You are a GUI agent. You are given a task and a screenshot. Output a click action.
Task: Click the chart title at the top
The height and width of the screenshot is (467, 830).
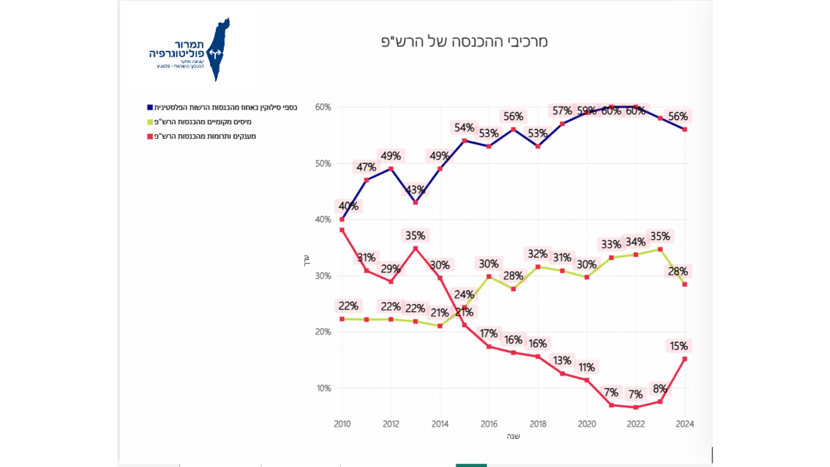[464, 42]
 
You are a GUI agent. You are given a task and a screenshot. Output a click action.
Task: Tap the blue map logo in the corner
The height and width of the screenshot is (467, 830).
[219, 50]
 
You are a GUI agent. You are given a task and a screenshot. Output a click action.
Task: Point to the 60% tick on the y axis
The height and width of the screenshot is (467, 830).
[323, 107]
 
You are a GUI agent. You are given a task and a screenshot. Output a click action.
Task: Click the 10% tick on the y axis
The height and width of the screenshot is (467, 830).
[324, 388]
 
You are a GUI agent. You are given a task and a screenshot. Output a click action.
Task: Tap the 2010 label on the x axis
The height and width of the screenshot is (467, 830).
[342, 424]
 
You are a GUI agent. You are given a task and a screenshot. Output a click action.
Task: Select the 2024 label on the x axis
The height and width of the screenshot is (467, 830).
[685, 424]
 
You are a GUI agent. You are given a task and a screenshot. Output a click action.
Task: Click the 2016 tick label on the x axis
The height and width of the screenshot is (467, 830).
[489, 424]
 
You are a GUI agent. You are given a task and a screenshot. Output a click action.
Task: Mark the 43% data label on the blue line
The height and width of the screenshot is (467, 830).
[415, 190]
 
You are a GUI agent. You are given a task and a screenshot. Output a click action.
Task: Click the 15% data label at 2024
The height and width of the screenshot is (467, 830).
[679, 346]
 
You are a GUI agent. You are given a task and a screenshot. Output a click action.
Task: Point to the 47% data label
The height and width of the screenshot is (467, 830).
[366, 167]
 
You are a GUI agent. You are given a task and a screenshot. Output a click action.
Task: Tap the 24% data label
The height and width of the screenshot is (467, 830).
[464, 295]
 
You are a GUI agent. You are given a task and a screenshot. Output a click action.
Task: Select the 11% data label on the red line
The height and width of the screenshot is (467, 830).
[587, 367]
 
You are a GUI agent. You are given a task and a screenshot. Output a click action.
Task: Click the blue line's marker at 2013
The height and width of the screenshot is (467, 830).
[416, 202]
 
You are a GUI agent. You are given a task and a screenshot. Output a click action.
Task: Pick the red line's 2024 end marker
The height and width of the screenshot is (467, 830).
[685, 359]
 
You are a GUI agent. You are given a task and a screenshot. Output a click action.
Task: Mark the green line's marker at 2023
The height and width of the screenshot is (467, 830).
[660, 250]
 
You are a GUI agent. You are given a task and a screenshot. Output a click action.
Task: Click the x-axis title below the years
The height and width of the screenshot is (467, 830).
[513, 436]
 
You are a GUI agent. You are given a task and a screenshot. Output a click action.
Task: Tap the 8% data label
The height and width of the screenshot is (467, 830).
[660, 389]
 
